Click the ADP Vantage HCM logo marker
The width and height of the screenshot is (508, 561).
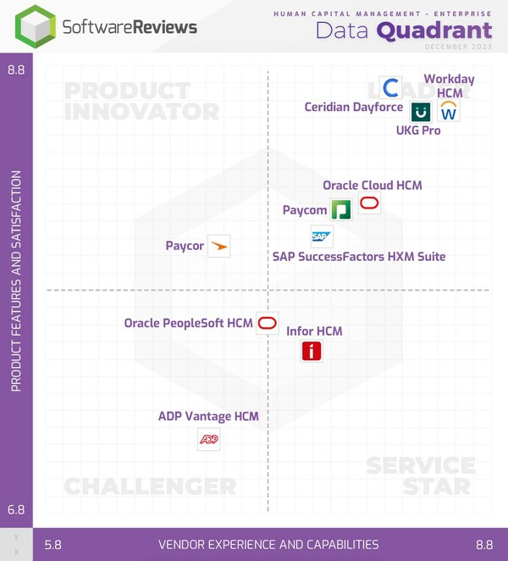(208, 439)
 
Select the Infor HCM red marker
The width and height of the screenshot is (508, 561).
(312, 350)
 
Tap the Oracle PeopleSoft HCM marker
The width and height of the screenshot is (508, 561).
(268, 323)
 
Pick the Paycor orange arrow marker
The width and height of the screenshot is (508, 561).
(218, 246)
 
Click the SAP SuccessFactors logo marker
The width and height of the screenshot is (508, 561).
(321, 236)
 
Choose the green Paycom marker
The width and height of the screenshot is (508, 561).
(340, 209)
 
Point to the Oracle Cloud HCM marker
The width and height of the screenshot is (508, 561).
(369, 203)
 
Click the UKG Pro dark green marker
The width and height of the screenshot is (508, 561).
(421, 111)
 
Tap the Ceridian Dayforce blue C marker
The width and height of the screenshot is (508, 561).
(390, 87)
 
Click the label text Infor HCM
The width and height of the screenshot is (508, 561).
(314, 331)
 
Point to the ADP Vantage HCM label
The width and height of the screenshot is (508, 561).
(208, 416)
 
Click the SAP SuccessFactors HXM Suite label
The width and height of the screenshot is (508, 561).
(359, 256)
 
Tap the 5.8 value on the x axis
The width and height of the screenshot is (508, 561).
(52, 545)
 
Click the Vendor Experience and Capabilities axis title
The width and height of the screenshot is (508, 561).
(268, 545)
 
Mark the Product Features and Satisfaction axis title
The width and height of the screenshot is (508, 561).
(16, 281)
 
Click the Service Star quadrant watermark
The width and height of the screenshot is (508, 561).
(421, 475)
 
